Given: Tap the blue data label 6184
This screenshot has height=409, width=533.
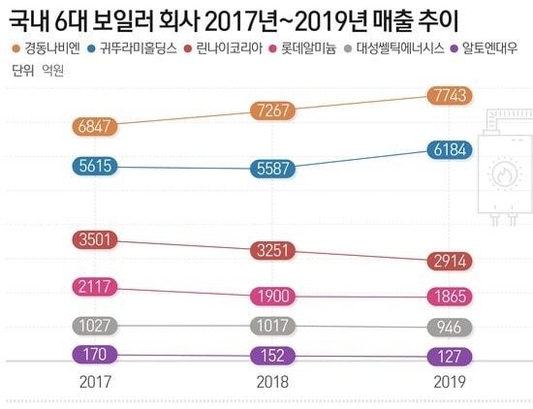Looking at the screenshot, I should [451, 148].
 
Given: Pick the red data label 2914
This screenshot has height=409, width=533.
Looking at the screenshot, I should [451, 261].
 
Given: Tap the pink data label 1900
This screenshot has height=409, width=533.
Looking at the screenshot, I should [273, 295].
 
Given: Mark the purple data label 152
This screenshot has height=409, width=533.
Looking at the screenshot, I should [273, 355].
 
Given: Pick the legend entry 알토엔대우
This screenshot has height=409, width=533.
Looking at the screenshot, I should [494, 47].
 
